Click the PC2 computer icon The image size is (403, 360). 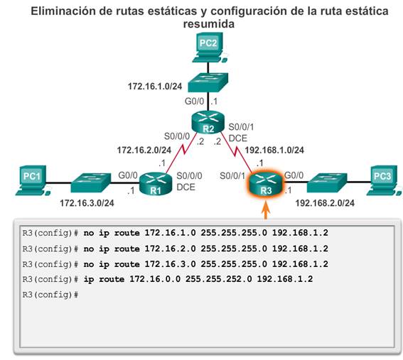click(x=208, y=48)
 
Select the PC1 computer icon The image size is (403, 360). click(x=33, y=180)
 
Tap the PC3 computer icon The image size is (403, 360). click(x=385, y=180)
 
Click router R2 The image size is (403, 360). click(x=208, y=122)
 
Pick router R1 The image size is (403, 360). click(x=156, y=183)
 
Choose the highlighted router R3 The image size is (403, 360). click(x=266, y=183)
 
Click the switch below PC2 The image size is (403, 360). click(x=208, y=82)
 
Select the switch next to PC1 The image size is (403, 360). click(x=91, y=182)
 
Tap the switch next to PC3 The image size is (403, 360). click(x=327, y=182)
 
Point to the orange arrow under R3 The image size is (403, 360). click(x=266, y=211)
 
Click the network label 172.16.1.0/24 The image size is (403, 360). click(x=155, y=87)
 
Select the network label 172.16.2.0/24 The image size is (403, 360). click(x=144, y=151)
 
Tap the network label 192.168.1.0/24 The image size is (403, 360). click(x=274, y=151)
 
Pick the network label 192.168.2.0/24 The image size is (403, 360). click(x=325, y=203)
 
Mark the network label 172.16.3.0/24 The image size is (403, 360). click(x=87, y=203)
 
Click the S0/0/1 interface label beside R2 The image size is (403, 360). click(x=241, y=127)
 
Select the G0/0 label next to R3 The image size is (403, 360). click(x=294, y=175)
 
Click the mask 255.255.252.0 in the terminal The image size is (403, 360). click(x=219, y=279)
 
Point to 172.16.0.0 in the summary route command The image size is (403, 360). click(x=155, y=279)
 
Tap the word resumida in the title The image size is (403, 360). click(x=209, y=24)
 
